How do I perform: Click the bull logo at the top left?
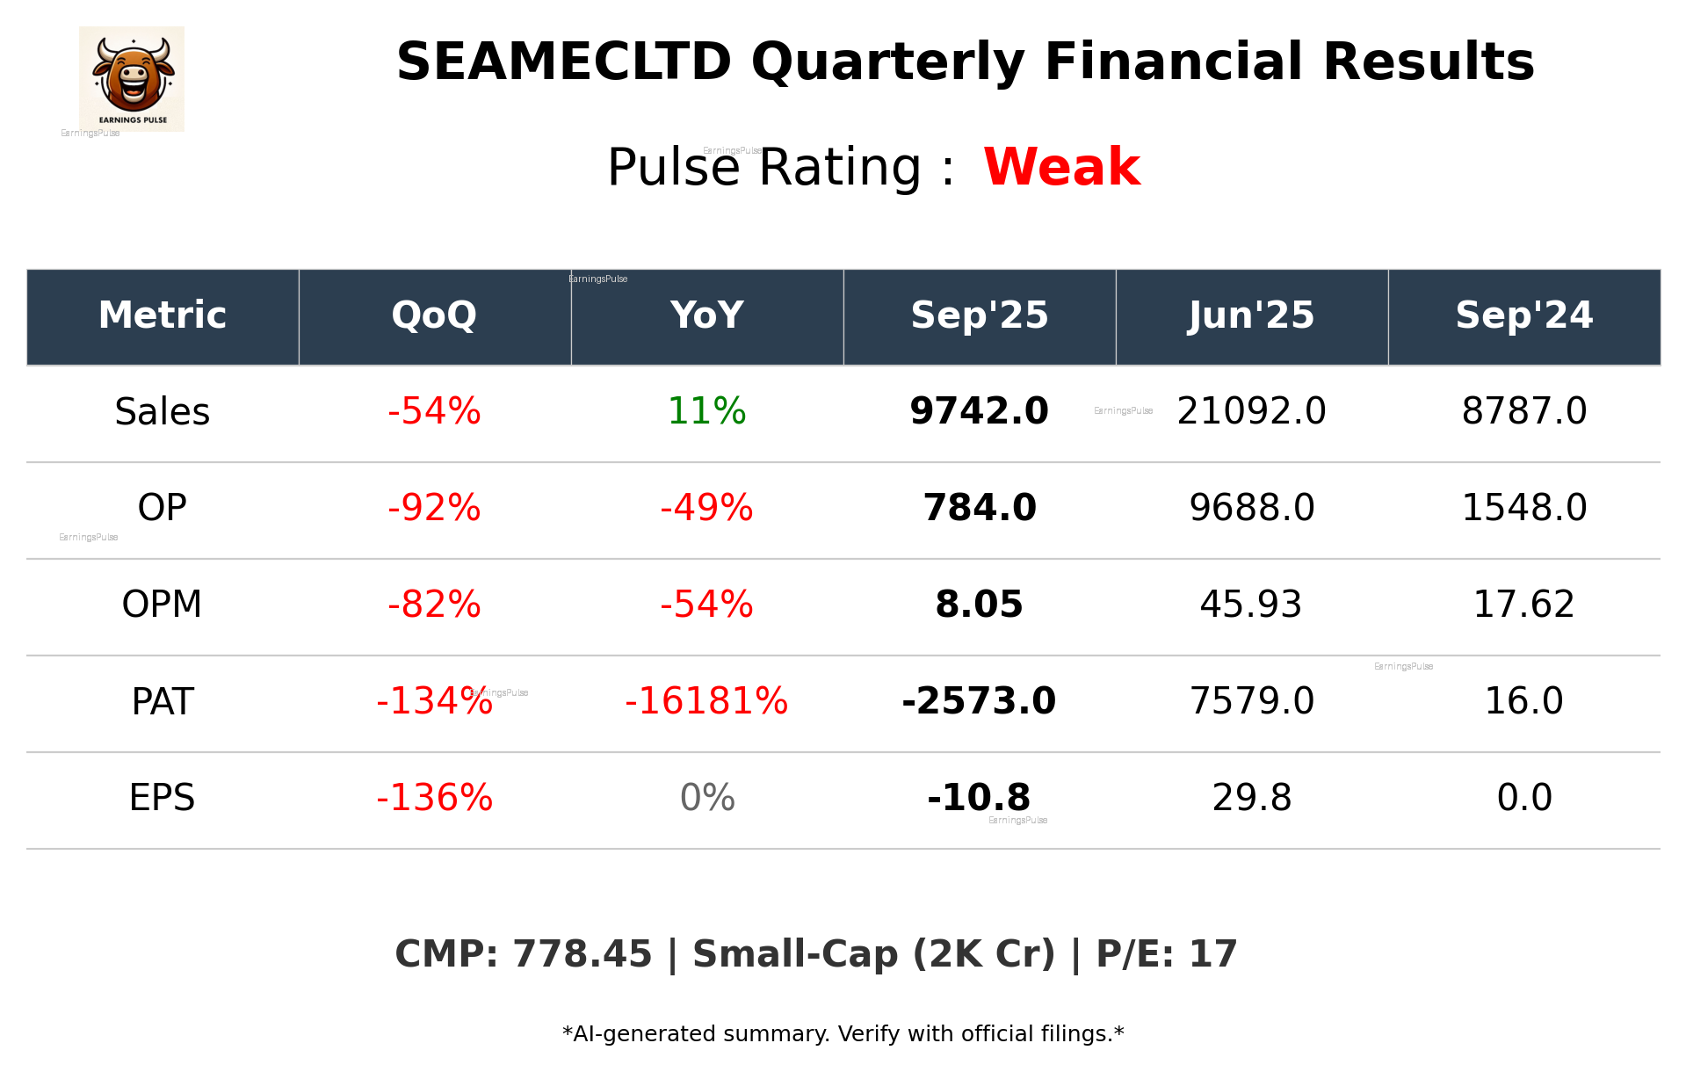(132, 77)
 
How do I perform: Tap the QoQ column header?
(434, 315)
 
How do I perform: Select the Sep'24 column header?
(1523, 315)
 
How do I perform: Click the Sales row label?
(163, 412)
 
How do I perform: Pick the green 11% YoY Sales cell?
(706, 411)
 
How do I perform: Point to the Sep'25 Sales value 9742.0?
(979, 411)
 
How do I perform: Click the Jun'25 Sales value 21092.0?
(1251, 411)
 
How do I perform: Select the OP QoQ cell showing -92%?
(434, 508)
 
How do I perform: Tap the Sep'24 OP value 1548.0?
(1523, 508)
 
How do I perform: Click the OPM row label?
(163, 605)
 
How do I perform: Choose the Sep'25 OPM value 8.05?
(979, 605)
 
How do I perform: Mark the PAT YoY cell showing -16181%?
(706, 701)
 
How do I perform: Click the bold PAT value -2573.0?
(979, 701)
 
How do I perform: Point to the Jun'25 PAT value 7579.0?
(1251, 701)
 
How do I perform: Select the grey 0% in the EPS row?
(706, 798)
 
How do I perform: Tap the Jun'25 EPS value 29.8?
(1251, 798)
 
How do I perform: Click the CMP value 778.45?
(582, 954)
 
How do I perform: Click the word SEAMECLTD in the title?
(563, 62)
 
